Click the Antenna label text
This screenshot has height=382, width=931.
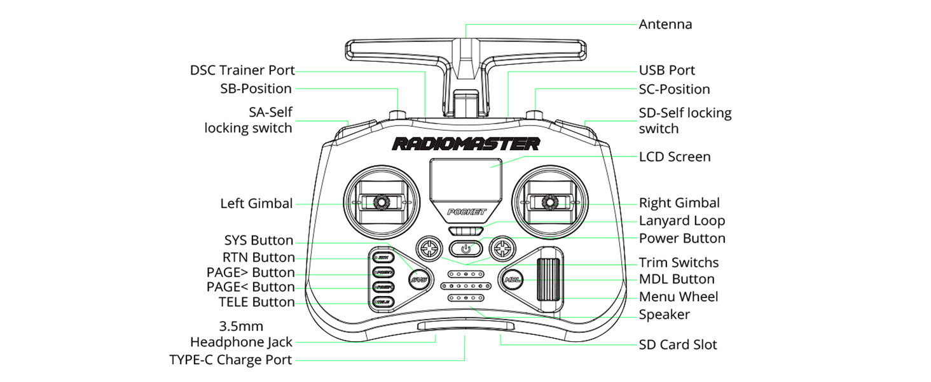[x=665, y=25]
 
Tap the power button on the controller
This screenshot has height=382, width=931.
[x=465, y=248]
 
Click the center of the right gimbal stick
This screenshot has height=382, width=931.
[x=548, y=202]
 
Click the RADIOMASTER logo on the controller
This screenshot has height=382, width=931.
[x=465, y=144]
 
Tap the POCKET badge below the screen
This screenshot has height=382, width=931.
[x=466, y=212]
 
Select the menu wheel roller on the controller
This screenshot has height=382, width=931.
[x=550, y=279]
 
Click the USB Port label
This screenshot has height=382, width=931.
[x=667, y=71]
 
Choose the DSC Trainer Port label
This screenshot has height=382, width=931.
[x=242, y=71]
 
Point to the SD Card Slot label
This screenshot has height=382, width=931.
[x=678, y=345]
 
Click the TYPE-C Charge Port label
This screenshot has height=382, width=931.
[x=231, y=360]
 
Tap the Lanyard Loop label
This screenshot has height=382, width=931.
[x=682, y=221]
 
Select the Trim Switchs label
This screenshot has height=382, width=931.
[x=679, y=262]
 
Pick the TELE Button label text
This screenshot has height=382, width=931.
[x=257, y=302]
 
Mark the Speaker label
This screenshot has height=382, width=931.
[x=665, y=315]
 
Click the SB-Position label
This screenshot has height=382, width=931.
[x=256, y=89]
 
